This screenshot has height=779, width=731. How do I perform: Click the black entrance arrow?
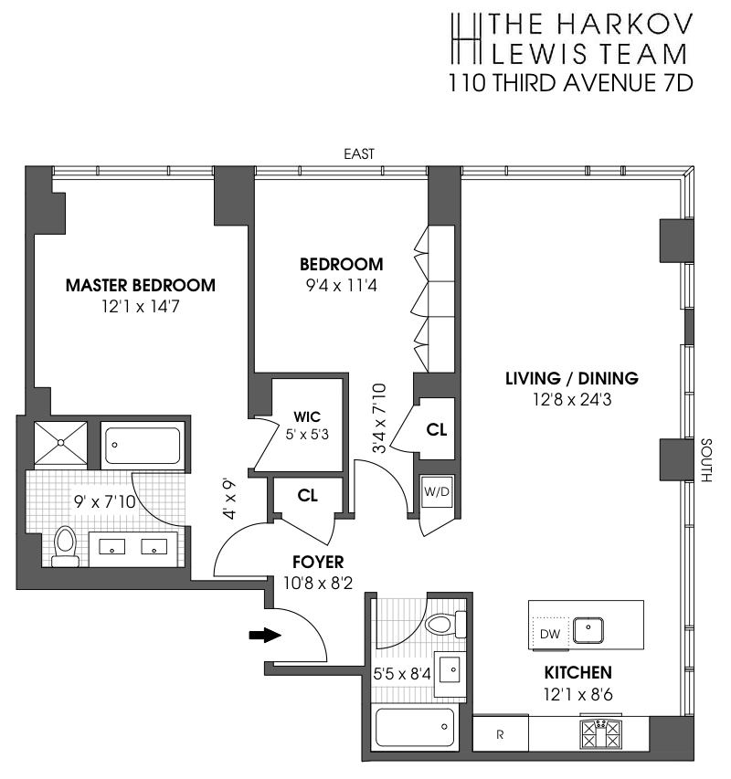pos(265,635)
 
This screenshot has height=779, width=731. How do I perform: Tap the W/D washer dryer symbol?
pos(436,492)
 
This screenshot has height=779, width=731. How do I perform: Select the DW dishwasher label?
pos(550,634)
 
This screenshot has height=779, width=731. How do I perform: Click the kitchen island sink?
pos(588,630)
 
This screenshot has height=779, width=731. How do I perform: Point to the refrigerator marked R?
pos(501,733)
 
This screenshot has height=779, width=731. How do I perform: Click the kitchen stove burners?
pos(601,733)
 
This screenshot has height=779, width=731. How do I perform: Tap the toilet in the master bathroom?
pos(65,546)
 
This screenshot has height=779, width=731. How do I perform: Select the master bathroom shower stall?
pos(60,443)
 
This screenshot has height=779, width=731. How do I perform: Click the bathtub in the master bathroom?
pos(143,445)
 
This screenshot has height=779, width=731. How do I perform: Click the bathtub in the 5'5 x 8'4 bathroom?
pos(415,727)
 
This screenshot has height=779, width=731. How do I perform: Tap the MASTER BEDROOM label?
pos(141,285)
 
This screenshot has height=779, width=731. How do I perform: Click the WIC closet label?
pos(307,416)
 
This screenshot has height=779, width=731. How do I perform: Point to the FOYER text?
pos(318,562)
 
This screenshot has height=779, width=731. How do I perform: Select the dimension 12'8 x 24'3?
pos(572,399)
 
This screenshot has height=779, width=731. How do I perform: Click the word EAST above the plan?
pos(359,154)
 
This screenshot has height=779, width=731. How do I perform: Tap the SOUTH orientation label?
pos(705,460)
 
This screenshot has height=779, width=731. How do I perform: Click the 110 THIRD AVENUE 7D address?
pos(571,83)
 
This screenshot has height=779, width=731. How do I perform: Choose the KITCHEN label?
pos(577,673)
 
